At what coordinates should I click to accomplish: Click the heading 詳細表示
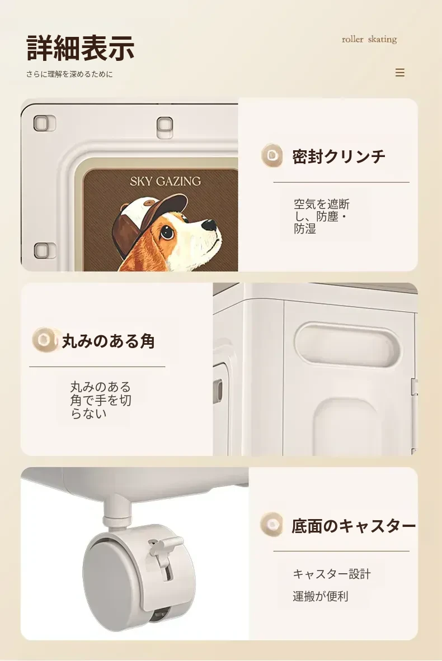pyautogui.click(x=80, y=47)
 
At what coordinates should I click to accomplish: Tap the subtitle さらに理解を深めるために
pyautogui.click(x=69, y=74)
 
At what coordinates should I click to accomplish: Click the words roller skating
pyautogui.click(x=369, y=39)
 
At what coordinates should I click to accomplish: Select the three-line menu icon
pyautogui.click(x=400, y=73)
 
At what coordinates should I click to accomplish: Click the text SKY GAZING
pyautogui.click(x=165, y=181)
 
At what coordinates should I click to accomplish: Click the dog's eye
pyautogui.click(x=167, y=231)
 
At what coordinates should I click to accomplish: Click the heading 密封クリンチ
pyautogui.click(x=338, y=156)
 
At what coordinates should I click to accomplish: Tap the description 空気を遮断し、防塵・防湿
pyautogui.click(x=322, y=216)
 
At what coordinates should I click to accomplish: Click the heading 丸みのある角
pyautogui.click(x=108, y=341)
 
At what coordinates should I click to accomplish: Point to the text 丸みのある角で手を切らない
pyautogui.click(x=101, y=400)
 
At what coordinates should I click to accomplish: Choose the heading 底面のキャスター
pyautogui.click(x=354, y=526)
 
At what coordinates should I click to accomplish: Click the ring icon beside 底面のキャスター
pyautogui.click(x=272, y=525)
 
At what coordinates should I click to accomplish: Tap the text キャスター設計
pyautogui.click(x=332, y=574)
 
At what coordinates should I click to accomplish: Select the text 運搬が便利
pyautogui.click(x=321, y=596)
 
